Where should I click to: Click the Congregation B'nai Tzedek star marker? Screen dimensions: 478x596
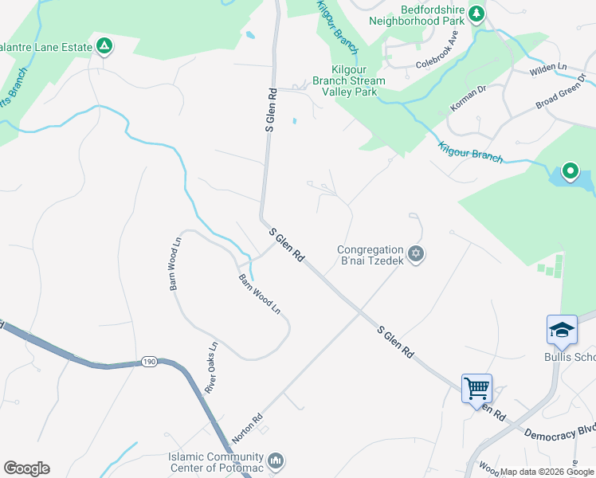415,254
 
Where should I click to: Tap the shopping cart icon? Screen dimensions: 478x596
476,389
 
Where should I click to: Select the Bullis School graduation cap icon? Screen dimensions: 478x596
562,330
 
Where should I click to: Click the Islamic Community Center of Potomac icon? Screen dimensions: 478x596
276,460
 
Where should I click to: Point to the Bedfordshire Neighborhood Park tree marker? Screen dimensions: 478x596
476,13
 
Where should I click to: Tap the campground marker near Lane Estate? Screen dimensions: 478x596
104,46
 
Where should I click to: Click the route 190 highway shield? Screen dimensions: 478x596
149,362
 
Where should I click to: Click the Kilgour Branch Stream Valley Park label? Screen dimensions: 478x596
349,80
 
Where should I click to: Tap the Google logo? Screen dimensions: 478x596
26,468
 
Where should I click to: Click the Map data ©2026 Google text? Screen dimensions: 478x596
547,472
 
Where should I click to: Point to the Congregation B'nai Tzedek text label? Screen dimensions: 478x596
370,254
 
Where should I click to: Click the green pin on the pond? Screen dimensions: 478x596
571,170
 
